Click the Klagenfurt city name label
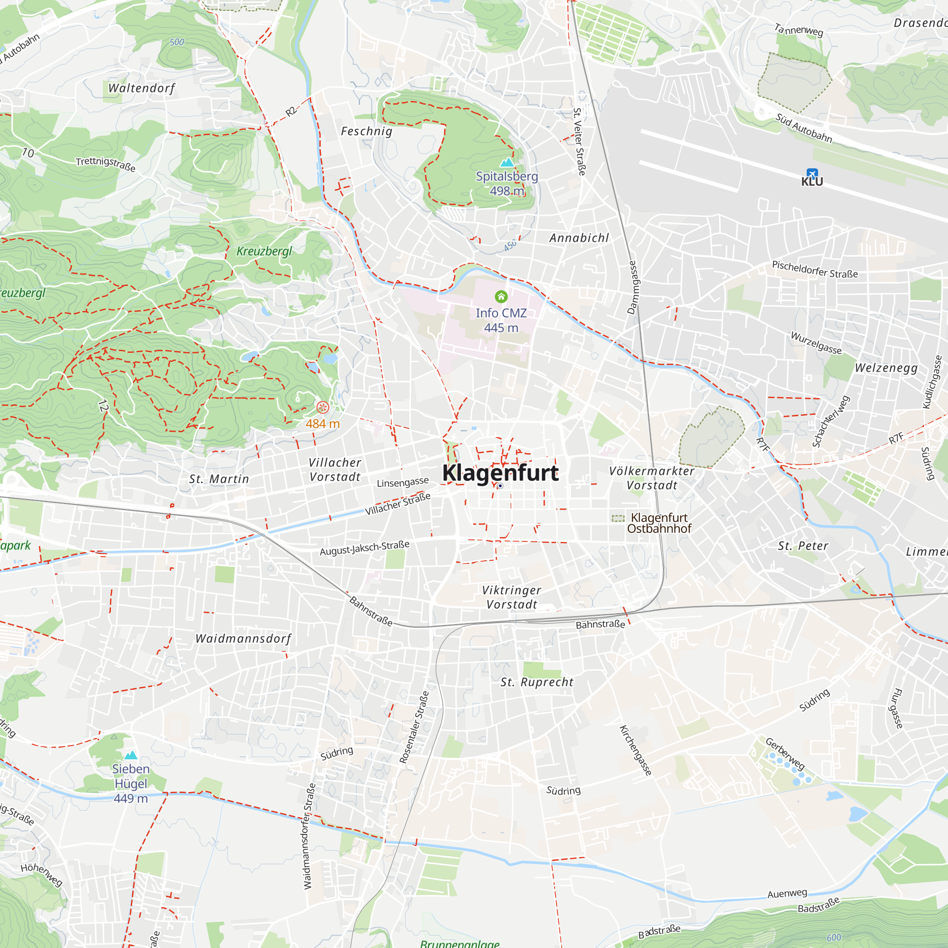click(500, 473)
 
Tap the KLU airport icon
click(812, 173)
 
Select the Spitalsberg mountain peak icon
click(507, 163)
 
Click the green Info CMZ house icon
click(501, 296)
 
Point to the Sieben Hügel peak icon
click(130, 755)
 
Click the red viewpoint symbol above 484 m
click(322, 407)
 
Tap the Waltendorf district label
click(141, 88)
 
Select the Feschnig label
click(366, 131)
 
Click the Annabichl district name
click(579, 238)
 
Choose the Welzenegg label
click(886, 368)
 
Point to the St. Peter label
click(803, 546)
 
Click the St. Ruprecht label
click(537, 682)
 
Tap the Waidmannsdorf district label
click(243, 638)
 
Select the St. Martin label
click(219, 479)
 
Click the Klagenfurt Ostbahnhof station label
click(659, 523)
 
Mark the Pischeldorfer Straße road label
click(815, 269)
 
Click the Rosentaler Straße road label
click(414, 727)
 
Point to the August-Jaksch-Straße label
click(365, 547)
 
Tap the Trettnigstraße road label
click(106, 164)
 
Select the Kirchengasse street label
click(636, 750)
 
